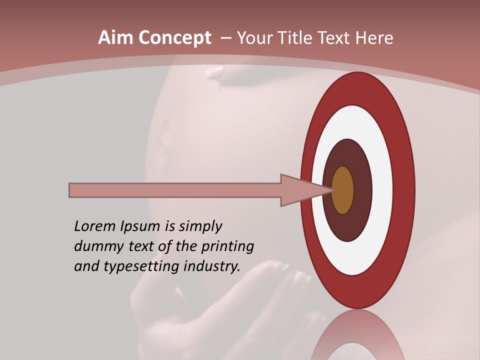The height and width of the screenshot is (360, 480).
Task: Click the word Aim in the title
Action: pos(116,37)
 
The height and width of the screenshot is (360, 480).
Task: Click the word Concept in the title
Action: pos(174,37)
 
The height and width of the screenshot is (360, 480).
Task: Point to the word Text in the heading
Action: pos(335,37)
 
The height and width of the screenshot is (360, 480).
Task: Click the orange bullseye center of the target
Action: pos(342,190)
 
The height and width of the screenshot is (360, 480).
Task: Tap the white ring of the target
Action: pos(382,190)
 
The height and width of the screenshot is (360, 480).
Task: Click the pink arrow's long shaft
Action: pos(175,190)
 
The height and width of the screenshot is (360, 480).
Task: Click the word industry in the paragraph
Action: pos(211,266)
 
